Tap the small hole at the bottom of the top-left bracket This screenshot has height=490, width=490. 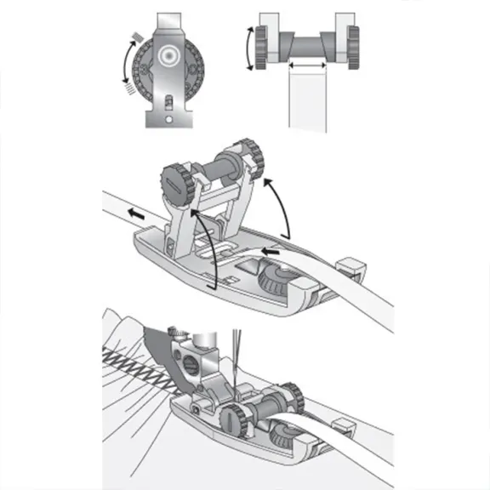coord(176,120)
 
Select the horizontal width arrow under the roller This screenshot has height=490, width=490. coord(307,64)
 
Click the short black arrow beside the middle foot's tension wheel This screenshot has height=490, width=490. coord(270,253)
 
